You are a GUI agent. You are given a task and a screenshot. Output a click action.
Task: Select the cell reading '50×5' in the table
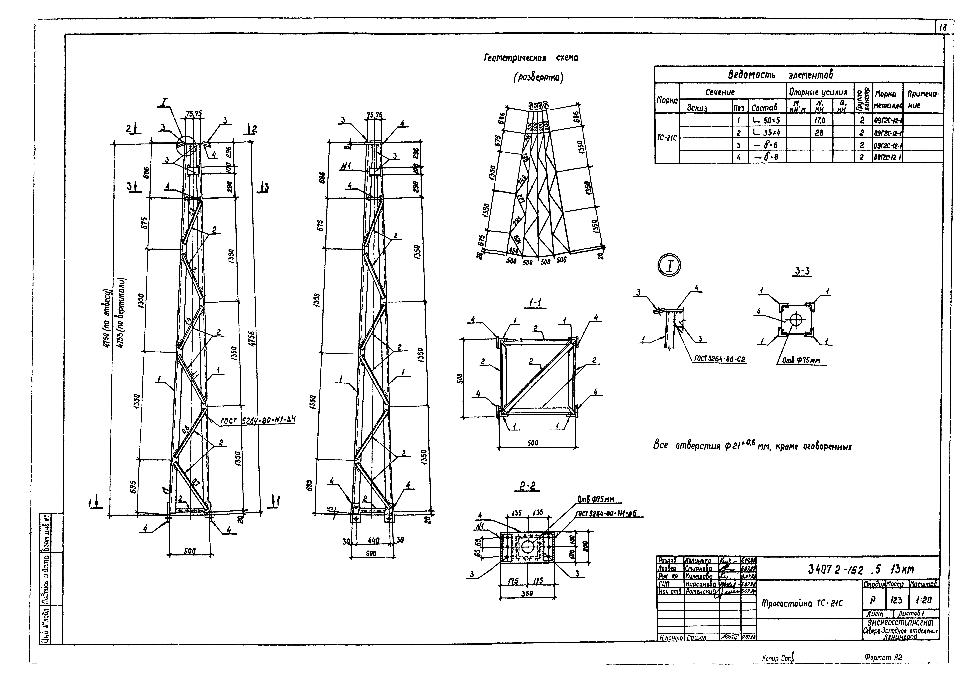pyautogui.click(x=767, y=120)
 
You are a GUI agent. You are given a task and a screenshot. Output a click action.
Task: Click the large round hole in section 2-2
pyautogui.click(x=527, y=547)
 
